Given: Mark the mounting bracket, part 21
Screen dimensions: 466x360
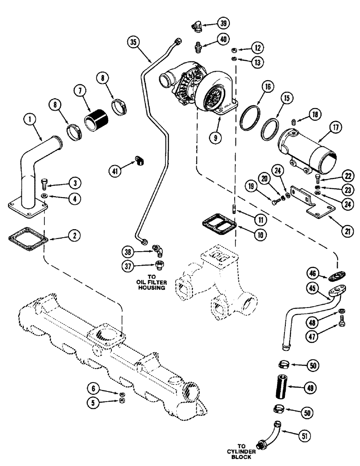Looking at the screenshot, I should (310, 203).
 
